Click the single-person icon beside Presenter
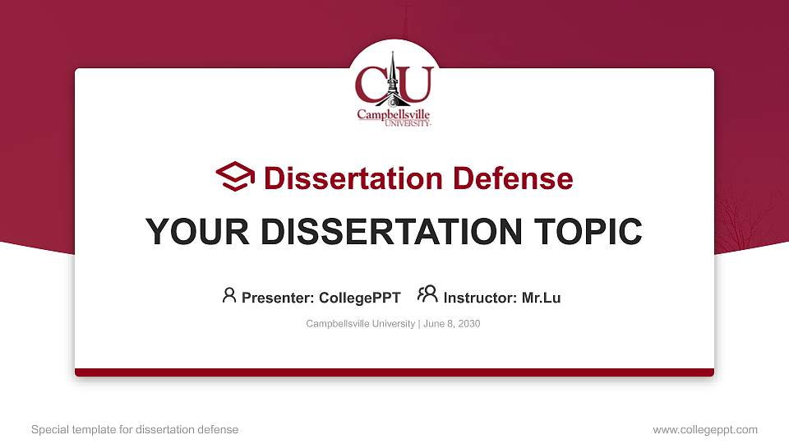(x=229, y=295)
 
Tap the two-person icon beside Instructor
(x=427, y=294)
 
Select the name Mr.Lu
(x=541, y=298)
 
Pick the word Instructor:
(x=480, y=298)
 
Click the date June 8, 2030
(x=452, y=324)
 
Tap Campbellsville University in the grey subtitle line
(x=360, y=324)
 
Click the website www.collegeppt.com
(x=705, y=429)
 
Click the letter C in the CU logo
(x=371, y=83)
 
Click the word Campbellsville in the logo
(x=393, y=114)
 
